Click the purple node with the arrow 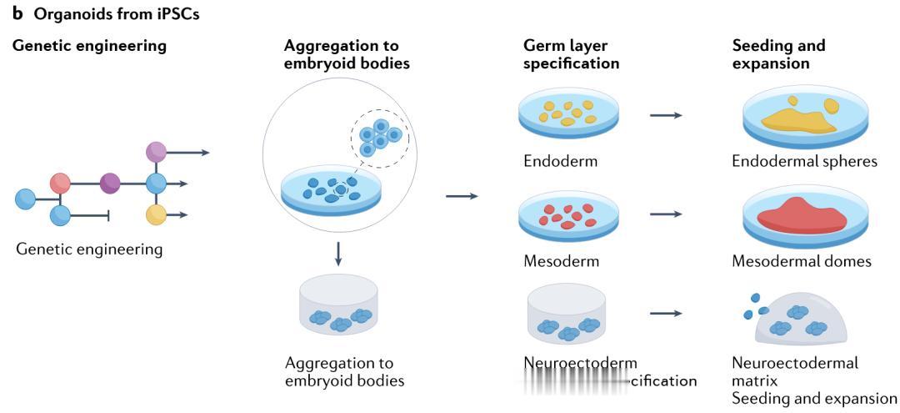pyautogui.click(x=156, y=152)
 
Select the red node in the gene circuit pyautogui.click(x=60, y=183)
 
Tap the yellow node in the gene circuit pyautogui.click(x=156, y=214)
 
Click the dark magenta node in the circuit pyautogui.click(x=110, y=183)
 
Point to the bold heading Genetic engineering pyautogui.click(x=89, y=46)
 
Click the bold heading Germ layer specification pyautogui.click(x=571, y=54)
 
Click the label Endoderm pyautogui.click(x=561, y=161)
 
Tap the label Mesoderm pyautogui.click(x=562, y=261)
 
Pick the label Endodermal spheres pyautogui.click(x=804, y=161)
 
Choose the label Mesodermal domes pyautogui.click(x=802, y=261)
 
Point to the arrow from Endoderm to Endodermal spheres pyautogui.click(x=666, y=115)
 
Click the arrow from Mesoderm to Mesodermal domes pyautogui.click(x=666, y=214)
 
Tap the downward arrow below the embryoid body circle pyautogui.click(x=337, y=254)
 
